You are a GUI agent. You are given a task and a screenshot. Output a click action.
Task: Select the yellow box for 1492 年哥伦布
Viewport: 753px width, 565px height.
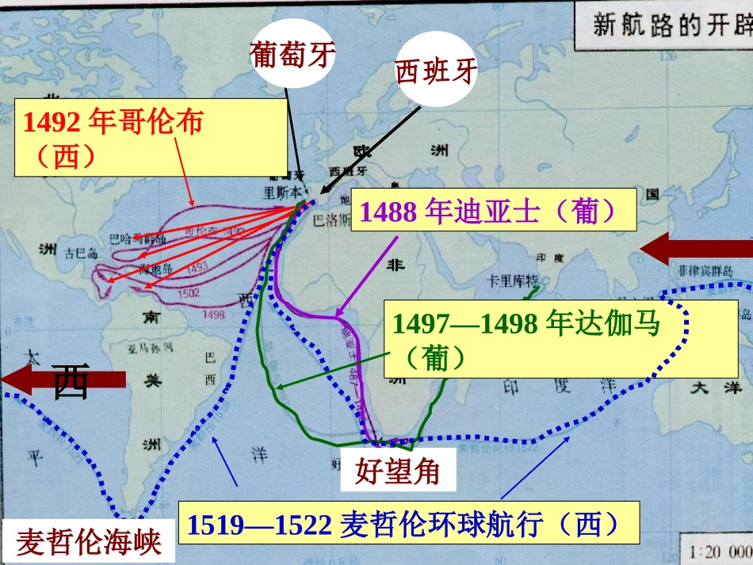pyautogui.click(x=151, y=137)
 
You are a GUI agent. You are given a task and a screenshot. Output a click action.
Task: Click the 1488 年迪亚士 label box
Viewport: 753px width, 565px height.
pyautogui.click(x=493, y=211)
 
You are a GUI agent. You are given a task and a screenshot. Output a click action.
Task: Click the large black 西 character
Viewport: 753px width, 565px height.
pyautogui.click(x=71, y=382)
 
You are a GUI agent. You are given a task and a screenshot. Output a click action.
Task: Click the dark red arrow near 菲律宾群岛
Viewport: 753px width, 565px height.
pyautogui.click(x=695, y=250)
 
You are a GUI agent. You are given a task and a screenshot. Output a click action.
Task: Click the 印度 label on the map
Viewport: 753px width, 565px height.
pyautogui.click(x=548, y=258)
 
